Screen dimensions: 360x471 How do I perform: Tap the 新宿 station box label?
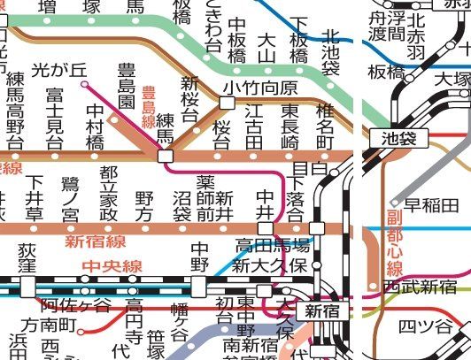click(322, 310)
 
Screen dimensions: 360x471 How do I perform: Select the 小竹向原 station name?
click(259, 87)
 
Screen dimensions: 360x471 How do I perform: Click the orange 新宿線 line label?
click(94, 240)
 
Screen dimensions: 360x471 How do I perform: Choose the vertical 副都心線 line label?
click(395, 243)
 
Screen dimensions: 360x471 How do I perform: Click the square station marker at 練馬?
click(165, 156)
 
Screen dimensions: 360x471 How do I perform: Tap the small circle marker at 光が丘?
click(85, 85)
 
